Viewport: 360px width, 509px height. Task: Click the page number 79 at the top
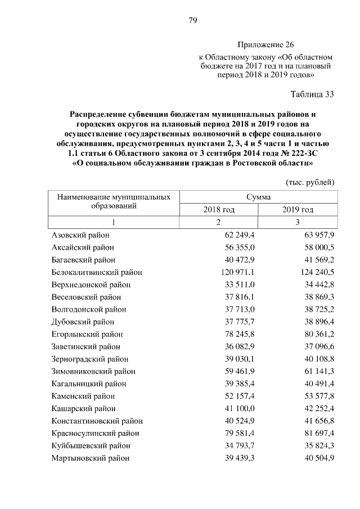(192, 21)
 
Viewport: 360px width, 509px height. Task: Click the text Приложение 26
(265, 44)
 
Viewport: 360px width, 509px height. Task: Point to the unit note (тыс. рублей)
(310, 182)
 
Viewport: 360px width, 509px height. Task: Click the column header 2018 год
(219, 210)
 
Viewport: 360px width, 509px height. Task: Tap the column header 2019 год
(298, 210)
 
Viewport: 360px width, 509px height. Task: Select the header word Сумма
(258, 197)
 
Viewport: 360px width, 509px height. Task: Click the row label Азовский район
(80, 235)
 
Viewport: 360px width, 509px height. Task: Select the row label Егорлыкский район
(83, 334)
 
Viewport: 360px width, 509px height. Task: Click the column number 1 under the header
(113, 223)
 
